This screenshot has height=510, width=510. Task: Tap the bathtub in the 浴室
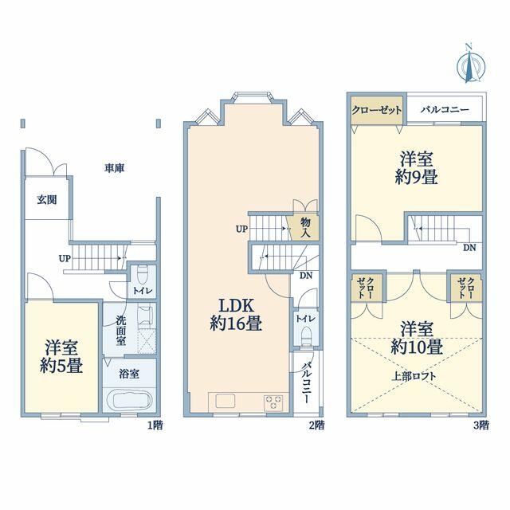(x=129, y=401)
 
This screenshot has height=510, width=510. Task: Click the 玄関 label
(x=47, y=200)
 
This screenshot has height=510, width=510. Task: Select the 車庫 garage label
(x=115, y=168)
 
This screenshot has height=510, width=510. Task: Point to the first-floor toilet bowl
(x=143, y=275)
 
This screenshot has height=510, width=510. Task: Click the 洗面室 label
(x=121, y=331)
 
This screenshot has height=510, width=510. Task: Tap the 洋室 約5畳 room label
(x=61, y=356)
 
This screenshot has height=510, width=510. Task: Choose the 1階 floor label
(x=155, y=425)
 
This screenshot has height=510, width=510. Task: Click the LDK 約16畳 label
(x=236, y=315)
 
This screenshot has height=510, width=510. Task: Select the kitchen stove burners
(x=273, y=402)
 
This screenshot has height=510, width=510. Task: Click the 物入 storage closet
(x=304, y=227)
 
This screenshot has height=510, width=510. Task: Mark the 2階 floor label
(x=316, y=425)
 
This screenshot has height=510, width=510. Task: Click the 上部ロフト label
(x=414, y=376)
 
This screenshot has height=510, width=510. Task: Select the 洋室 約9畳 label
(x=416, y=168)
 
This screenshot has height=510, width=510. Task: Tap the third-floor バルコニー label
(x=445, y=110)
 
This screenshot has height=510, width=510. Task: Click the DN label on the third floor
(x=469, y=248)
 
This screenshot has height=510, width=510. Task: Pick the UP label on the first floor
(x=65, y=258)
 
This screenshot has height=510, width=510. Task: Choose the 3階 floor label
(x=481, y=425)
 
